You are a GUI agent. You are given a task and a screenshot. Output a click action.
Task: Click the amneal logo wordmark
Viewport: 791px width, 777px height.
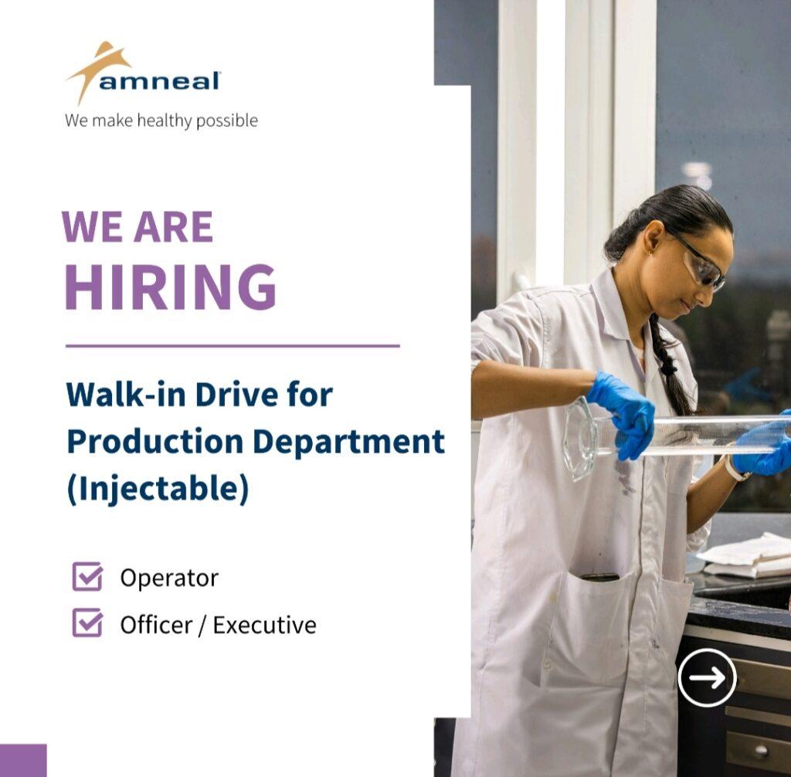(159, 81)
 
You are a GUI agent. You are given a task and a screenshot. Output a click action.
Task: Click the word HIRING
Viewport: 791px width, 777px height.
(171, 287)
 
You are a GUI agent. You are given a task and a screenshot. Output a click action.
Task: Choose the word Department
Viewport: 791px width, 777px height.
(348, 443)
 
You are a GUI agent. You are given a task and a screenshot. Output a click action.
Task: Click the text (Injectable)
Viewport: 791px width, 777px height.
(158, 489)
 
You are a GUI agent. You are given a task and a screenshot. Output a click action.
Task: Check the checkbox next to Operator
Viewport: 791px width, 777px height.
(87, 576)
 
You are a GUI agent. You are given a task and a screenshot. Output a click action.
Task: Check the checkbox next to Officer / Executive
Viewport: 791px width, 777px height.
(87, 623)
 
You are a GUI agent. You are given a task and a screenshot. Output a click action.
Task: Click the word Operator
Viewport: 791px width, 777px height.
(169, 579)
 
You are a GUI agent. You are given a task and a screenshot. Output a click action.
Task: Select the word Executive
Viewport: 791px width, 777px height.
(265, 625)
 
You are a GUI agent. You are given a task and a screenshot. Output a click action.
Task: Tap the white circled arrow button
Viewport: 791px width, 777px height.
(707, 677)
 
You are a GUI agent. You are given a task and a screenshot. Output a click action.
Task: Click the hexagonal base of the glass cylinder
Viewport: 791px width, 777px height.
(579, 439)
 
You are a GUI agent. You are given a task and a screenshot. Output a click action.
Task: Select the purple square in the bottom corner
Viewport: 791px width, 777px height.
(23, 760)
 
